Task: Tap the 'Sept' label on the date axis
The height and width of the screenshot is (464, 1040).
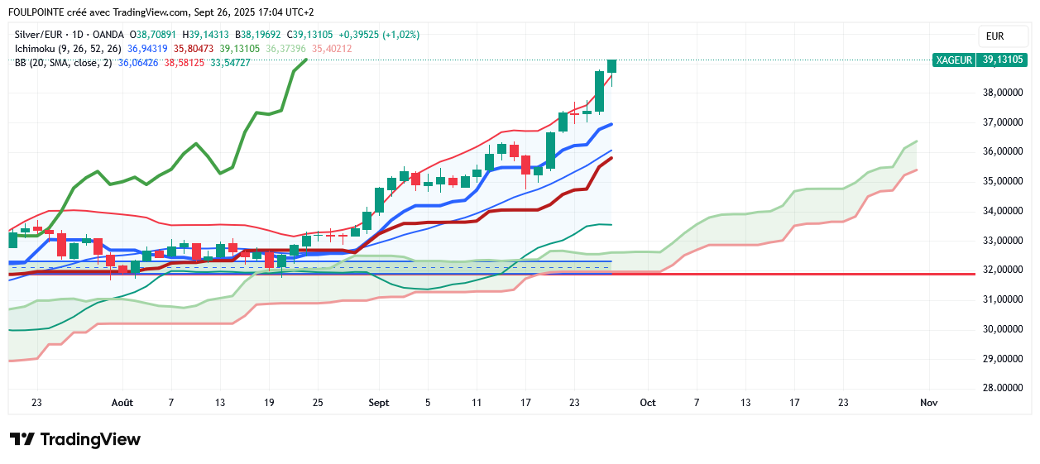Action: pos(378,403)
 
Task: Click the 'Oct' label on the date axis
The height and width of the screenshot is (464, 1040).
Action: pos(648,403)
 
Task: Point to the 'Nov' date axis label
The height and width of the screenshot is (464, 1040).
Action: pos(928,403)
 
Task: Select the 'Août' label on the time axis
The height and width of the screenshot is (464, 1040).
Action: pos(122,403)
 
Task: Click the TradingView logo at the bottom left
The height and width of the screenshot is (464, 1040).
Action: pos(75,439)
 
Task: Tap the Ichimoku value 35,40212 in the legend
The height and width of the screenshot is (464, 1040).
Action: pos(332,49)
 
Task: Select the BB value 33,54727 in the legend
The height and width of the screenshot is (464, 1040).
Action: pos(230,63)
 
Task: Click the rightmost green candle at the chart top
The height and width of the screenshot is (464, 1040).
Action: pos(612,65)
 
